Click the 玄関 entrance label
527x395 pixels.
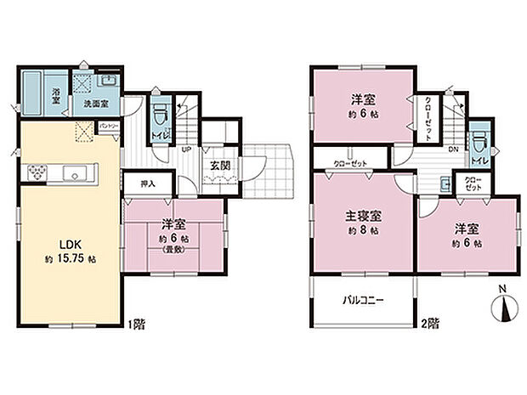point(218,165)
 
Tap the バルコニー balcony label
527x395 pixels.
point(364,300)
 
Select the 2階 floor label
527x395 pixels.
point(432,324)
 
